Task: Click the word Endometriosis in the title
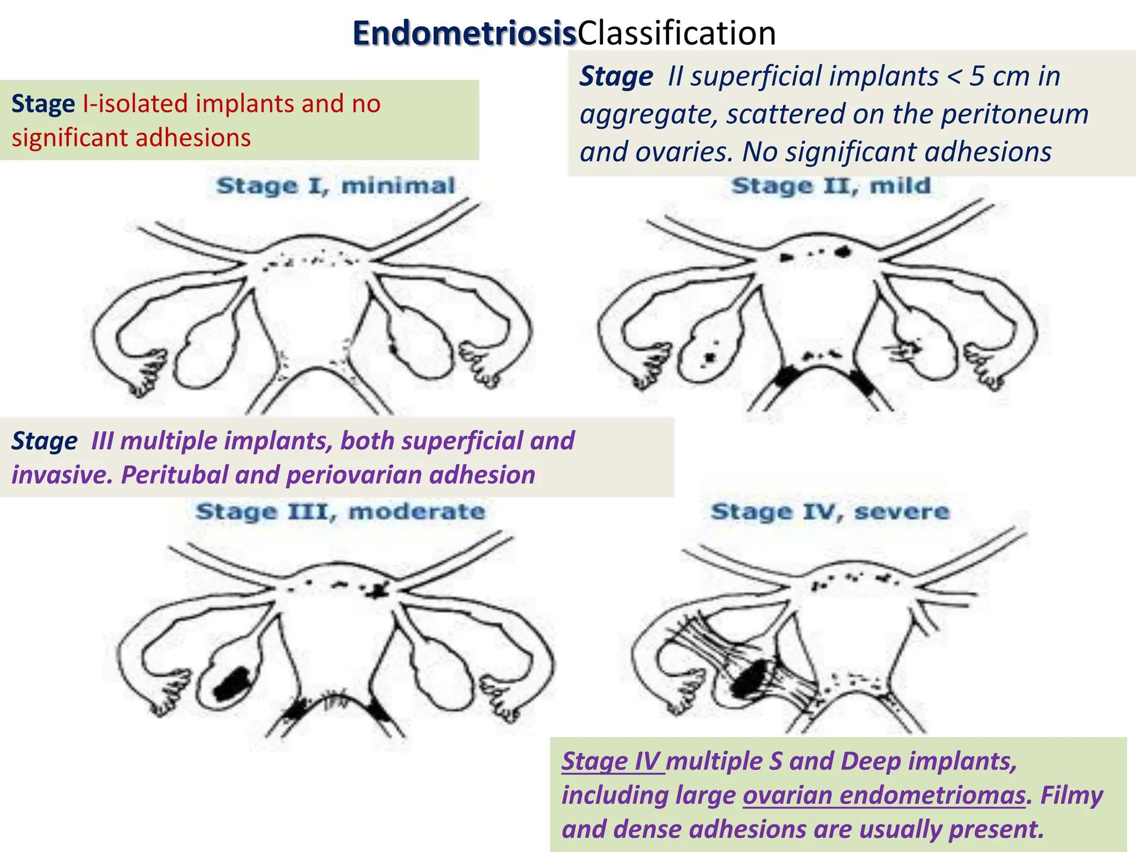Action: point(465,33)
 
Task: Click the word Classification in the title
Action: point(677,33)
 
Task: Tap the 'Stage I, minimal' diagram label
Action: point(336,186)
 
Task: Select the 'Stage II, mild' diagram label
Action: point(831,186)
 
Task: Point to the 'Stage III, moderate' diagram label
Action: point(340,511)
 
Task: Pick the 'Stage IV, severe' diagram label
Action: point(830,511)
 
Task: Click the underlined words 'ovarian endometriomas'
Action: point(884,795)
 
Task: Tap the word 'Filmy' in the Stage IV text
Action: point(1071,795)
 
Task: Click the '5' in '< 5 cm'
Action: point(977,77)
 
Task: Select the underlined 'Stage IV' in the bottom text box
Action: point(612,761)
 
